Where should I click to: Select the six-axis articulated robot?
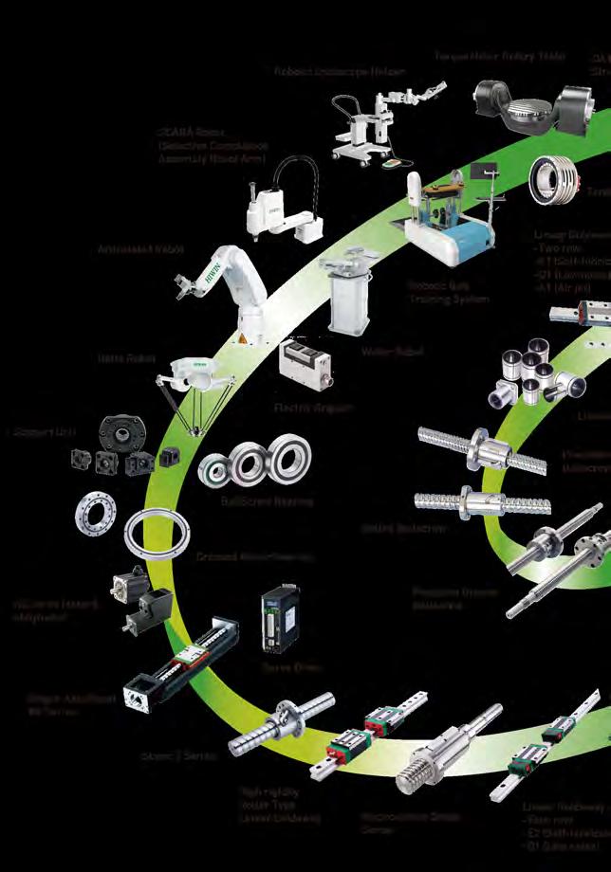(x=217, y=275)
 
